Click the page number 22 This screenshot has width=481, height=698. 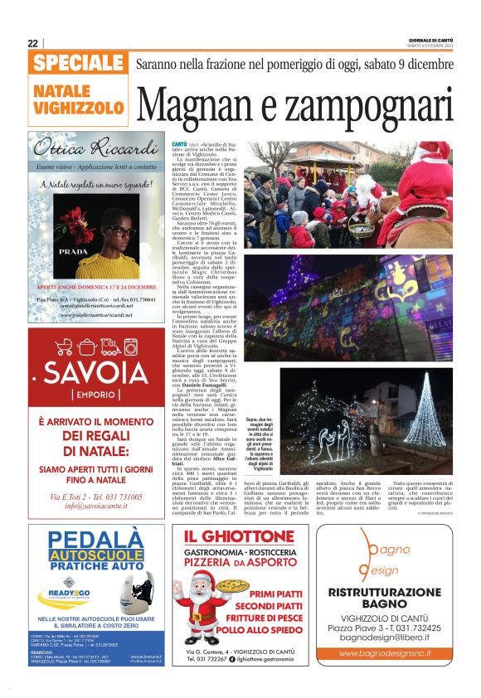pos(33,43)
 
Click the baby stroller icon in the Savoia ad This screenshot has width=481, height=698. pos(64,347)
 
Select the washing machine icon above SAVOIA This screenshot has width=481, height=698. pos(132,347)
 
